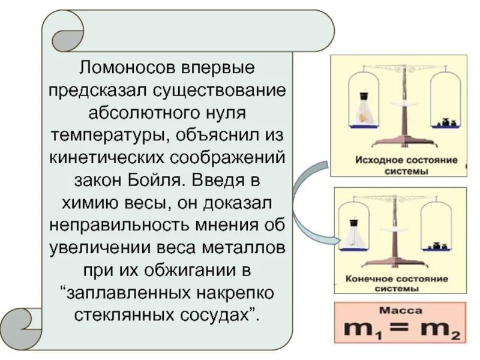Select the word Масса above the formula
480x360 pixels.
pyautogui.click(x=401, y=311)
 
